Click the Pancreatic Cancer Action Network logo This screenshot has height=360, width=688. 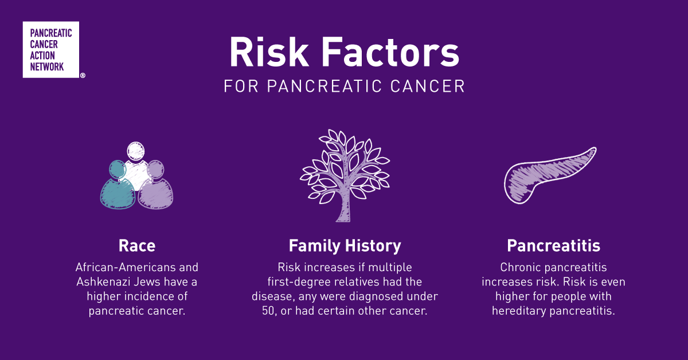pyautogui.click(x=51, y=49)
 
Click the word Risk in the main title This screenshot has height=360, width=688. pyautogui.click(x=269, y=52)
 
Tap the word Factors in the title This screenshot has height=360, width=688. pyautogui.click(x=390, y=52)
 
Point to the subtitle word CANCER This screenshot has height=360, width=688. pyautogui.click(x=428, y=86)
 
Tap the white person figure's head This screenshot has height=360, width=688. pyautogui.click(x=136, y=151)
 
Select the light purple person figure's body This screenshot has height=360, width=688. pyautogui.click(x=155, y=194)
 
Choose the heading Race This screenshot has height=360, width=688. pyautogui.click(x=137, y=246)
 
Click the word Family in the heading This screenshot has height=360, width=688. pyautogui.click(x=315, y=246)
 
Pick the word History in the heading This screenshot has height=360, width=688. pyautogui.click(x=373, y=246)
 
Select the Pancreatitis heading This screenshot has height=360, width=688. pyautogui.click(x=553, y=246)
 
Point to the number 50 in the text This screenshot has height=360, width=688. pyautogui.click(x=268, y=311)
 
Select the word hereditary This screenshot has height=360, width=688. pyautogui.click(x=519, y=311)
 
